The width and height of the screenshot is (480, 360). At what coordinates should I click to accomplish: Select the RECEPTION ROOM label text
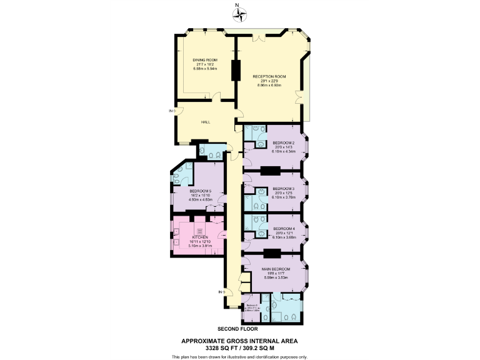point(269,76)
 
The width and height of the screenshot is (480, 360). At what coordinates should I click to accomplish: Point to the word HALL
point(205,122)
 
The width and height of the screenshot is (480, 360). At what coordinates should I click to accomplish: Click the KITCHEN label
point(199,237)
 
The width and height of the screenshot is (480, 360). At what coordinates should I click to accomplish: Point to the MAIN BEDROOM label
point(276,269)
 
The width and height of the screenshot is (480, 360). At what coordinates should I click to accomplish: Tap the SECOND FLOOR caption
point(237,329)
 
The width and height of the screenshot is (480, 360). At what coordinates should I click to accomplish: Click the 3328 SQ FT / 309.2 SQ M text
point(239,347)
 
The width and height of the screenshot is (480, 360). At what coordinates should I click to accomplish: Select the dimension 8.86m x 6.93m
point(269,84)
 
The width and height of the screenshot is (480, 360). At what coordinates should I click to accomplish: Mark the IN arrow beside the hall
point(172,111)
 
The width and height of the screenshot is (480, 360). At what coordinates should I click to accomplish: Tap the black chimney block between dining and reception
point(236,70)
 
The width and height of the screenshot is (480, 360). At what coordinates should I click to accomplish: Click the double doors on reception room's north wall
point(259,37)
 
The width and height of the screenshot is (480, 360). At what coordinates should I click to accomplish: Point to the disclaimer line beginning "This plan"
point(239,356)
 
